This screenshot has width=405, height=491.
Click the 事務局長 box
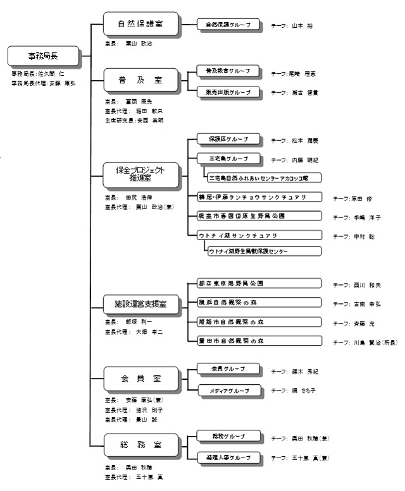(x=42, y=56)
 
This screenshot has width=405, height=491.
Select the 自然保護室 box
(x=140, y=25)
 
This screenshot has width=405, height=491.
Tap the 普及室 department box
(x=140, y=81)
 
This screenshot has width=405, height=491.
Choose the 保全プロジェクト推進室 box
(x=140, y=174)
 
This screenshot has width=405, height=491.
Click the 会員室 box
(x=140, y=379)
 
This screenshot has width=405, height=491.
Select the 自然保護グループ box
(x=228, y=25)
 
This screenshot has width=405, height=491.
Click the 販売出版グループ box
(x=228, y=92)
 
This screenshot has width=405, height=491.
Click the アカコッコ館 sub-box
(x=263, y=177)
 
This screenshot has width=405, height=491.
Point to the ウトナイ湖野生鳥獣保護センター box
(x=263, y=251)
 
